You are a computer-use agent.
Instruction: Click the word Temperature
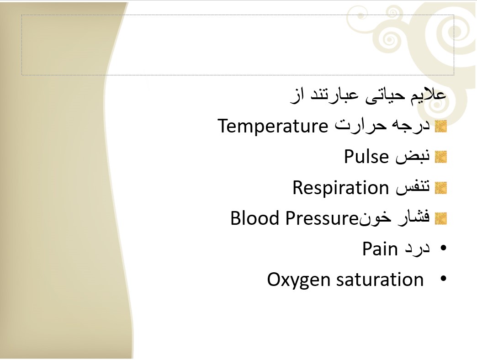(x=273, y=126)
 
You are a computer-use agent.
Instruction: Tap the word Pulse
(x=366, y=157)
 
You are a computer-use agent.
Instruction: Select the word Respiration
(x=341, y=188)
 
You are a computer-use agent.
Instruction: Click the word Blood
(x=254, y=218)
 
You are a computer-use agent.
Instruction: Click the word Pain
(x=380, y=249)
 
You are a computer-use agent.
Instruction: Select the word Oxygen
(x=298, y=280)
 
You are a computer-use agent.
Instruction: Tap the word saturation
(x=380, y=280)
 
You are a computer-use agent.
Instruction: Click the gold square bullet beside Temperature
(x=441, y=127)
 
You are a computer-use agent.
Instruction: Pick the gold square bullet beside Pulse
(x=441, y=157)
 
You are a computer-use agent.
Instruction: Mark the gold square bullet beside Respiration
(x=441, y=188)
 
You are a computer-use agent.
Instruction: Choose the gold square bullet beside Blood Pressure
(x=441, y=219)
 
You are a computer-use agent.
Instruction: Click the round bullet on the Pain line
(x=443, y=248)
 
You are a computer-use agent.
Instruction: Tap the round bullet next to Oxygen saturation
(x=443, y=279)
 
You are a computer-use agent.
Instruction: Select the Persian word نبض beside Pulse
(x=413, y=157)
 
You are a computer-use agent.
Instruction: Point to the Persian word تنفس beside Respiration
(x=413, y=187)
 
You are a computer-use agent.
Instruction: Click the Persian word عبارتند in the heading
(x=334, y=95)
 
